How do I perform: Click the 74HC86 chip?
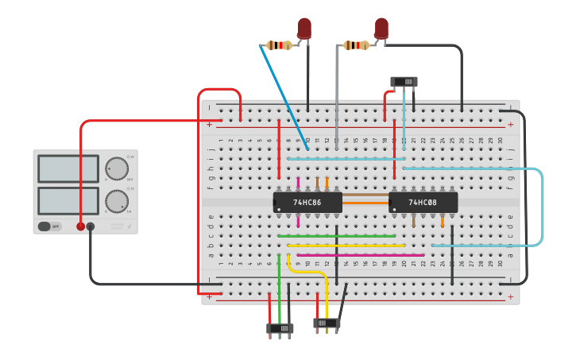tap(307, 202)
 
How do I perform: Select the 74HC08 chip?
tap(423, 202)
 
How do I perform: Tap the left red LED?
tap(304, 28)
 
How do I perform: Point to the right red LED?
tap(381, 28)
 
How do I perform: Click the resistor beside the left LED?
tap(278, 45)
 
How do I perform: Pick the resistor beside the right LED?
tap(356, 45)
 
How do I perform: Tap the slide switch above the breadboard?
tap(404, 81)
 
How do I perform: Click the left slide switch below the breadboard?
tap(280, 327)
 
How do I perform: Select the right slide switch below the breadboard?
tap(327, 323)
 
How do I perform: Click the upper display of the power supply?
tap(68, 168)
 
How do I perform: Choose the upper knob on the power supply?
tap(117, 168)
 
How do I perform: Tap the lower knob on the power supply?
tap(117, 200)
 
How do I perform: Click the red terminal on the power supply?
tap(80, 226)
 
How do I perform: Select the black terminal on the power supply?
tap(91, 226)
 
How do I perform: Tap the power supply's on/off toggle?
tap(49, 226)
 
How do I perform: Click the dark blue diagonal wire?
tap(283, 97)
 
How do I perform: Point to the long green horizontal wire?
tap(337, 236)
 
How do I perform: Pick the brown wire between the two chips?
tap(365, 195)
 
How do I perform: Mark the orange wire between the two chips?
tap(365, 203)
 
